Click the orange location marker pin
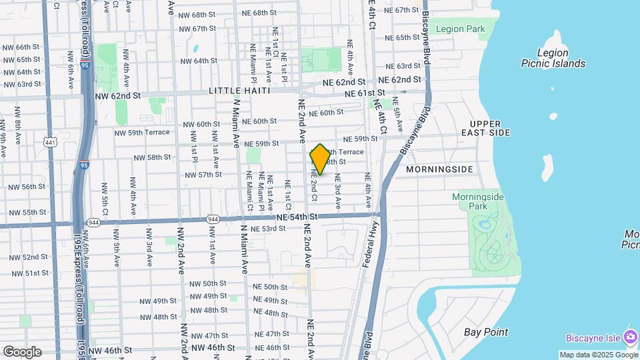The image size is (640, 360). pyautogui.click(x=320, y=159)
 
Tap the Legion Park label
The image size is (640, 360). pyautogui.click(x=461, y=29)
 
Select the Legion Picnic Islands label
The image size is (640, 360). pyautogui.click(x=553, y=58)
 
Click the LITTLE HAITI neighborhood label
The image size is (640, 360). pyautogui.click(x=239, y=91)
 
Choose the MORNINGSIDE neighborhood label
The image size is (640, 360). pyautogui.click(x=439, y=169)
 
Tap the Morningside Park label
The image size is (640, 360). pyautogui.click(x=478, y=201)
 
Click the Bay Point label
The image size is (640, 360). pyautogui.click(x=486, y=332)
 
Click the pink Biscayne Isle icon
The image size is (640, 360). pyautogui.click(x=630, y=336)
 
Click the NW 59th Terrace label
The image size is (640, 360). pyautogui.click(x=149, y=133)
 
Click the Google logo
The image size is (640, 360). pyautogui.click(x=22, y=352)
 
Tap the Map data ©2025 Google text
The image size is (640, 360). pyautogui.click(x=598, y=355)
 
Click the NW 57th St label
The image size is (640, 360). pyautogui.click(x=203, y=175)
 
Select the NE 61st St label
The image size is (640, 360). pyautogui.click(x=365, y=93)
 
